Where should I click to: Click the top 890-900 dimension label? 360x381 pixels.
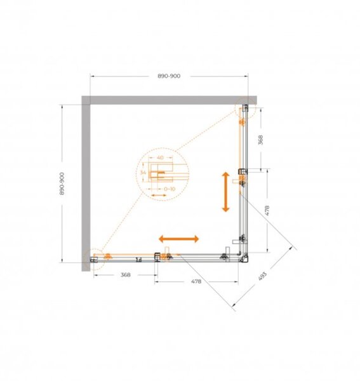coord(169,76)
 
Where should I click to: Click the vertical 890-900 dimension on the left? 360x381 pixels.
coord(62,184)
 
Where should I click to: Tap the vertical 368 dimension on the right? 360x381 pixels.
coord(260,140)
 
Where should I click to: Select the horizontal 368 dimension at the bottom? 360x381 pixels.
coord(126,275)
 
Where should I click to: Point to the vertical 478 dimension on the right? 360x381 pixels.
coord(267,211)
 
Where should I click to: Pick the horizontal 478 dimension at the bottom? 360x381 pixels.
coord(196,281)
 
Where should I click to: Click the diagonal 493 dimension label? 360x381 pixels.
coord(262,276)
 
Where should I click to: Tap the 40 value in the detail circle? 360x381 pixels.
coord(161,157)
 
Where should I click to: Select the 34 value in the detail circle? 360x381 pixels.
coord(143,173)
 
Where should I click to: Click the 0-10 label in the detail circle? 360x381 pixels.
coord(170,189)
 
